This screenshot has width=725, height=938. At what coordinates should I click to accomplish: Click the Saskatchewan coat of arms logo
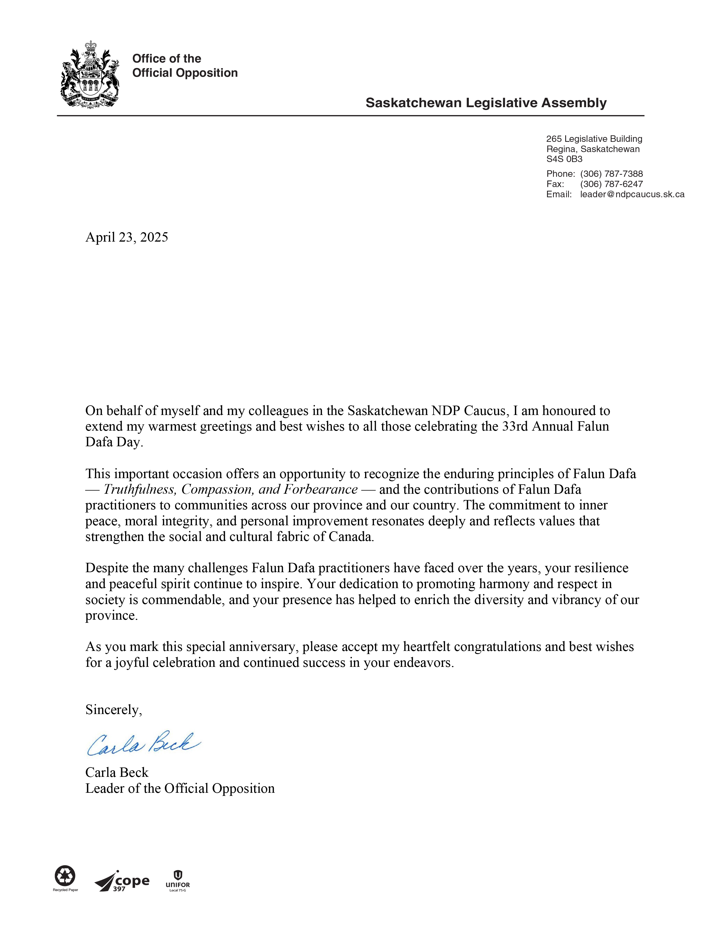pos(90,75)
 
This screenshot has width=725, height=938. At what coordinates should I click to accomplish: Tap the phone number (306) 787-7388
pos(611,174)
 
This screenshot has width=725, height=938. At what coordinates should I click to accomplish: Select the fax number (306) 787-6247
pos(611,184)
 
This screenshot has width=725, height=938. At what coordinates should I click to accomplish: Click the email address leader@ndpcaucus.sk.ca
pos(632,194)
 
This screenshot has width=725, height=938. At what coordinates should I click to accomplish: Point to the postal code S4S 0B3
pos(564,159)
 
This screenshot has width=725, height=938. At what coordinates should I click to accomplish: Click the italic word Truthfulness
pos(140,490)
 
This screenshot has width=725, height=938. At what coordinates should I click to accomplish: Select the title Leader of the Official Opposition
pos(180,788)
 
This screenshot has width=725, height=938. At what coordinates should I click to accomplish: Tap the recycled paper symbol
pos(65,876)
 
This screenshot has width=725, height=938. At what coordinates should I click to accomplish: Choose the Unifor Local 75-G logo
pos(177,881)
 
